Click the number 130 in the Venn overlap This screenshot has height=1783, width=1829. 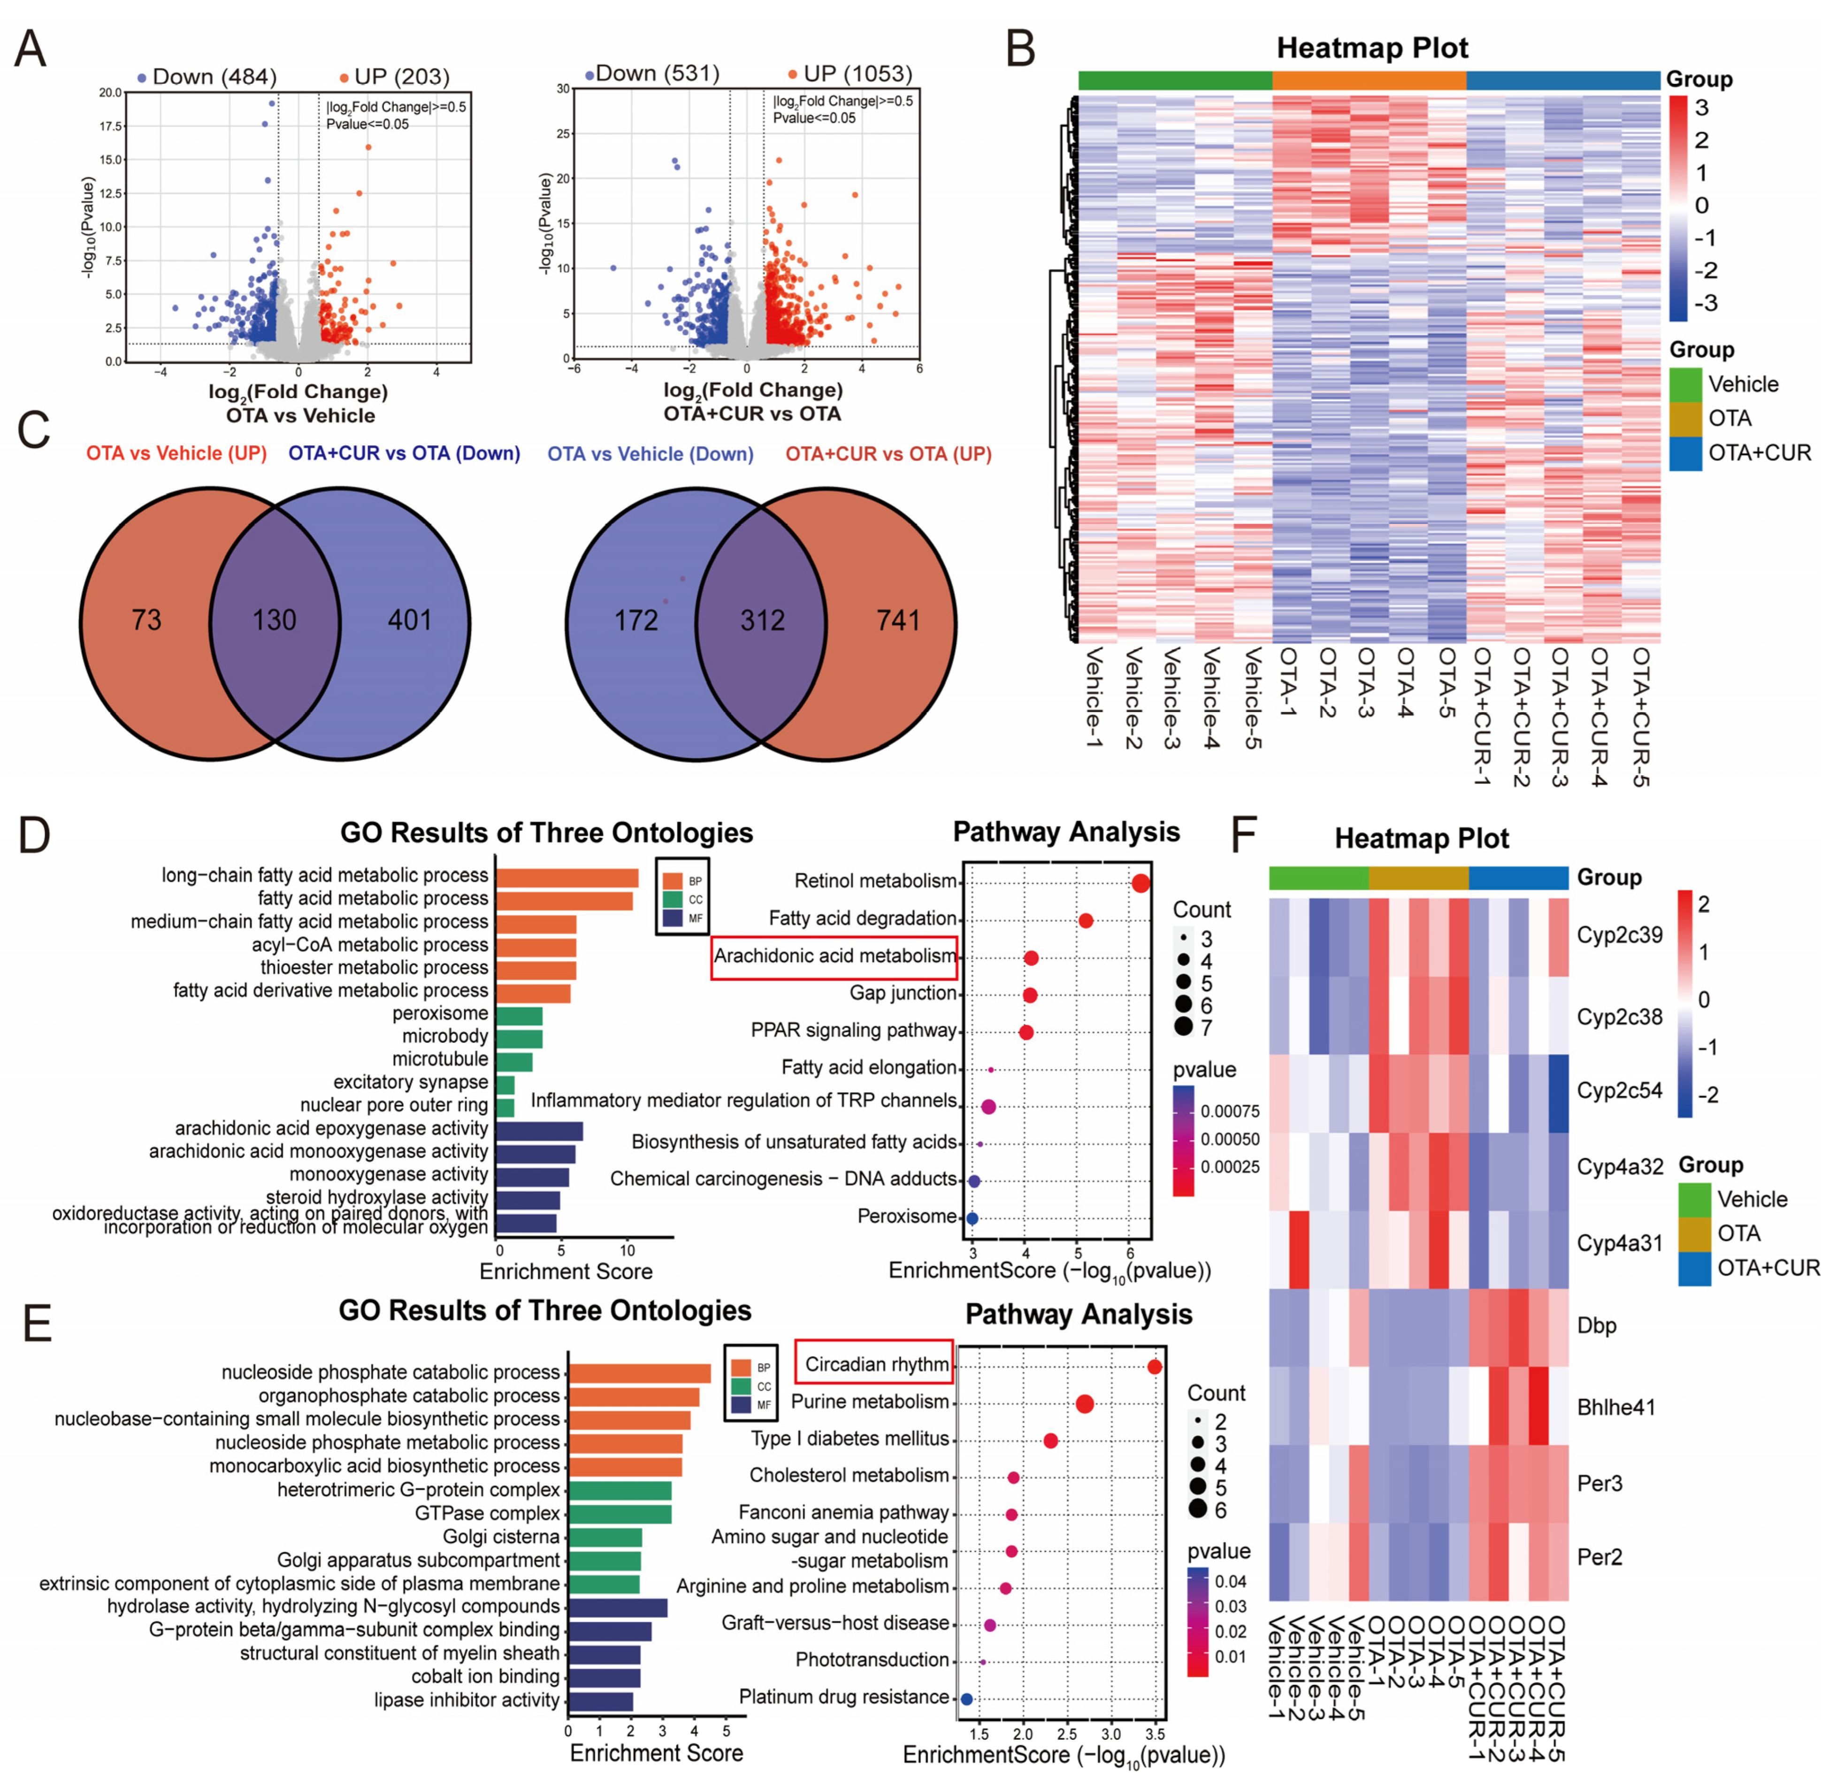tap(274, 620)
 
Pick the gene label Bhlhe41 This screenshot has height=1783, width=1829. tap(1615, 1407)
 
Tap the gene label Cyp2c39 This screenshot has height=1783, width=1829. tap(1619, 934)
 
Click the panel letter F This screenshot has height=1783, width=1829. tap(1243, 834)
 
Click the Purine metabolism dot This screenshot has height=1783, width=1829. tap(1085, 1404)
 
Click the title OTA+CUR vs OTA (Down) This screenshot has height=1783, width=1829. tap(404, 453)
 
